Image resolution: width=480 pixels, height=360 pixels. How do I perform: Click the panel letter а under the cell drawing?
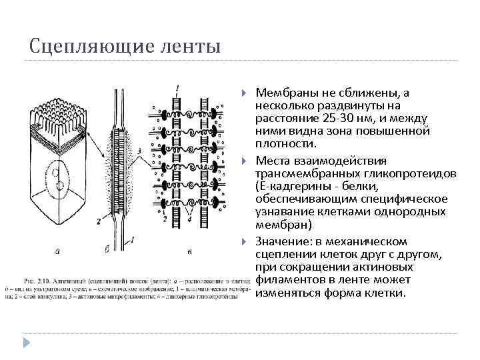pyautogui.click(x=58, y=251)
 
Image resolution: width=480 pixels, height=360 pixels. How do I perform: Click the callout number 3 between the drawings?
pyautogui.click(x=139, y=152)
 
